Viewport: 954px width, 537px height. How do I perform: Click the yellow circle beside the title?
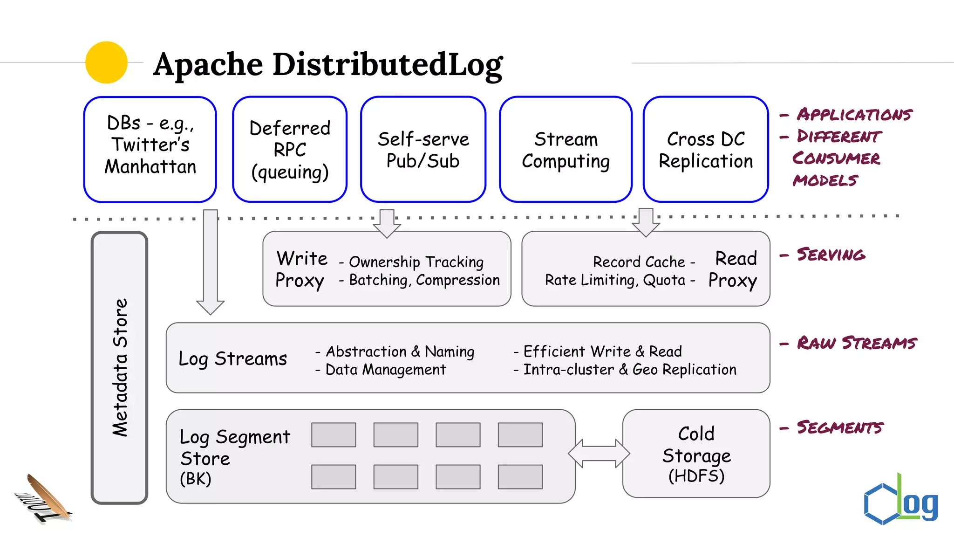[x=106, y=62]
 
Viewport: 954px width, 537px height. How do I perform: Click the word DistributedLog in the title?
[x=387, y=64]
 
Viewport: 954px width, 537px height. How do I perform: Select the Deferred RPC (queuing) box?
[x=290, y=150]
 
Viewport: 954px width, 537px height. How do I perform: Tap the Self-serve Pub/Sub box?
[x=423, y=150]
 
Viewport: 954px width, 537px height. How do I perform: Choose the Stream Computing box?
[x=566, y=150]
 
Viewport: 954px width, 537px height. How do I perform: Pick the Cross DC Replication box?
[x=705, y=150]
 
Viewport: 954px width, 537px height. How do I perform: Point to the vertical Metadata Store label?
[x=120, y=367]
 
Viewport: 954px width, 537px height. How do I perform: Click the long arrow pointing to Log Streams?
[x=211, y=261]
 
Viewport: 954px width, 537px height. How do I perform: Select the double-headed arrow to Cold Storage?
[x=599, y=453]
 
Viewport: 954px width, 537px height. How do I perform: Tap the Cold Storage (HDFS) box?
[x=696, y=454]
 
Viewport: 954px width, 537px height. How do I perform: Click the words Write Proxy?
[x=301, y=269]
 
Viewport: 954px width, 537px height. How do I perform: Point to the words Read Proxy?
[x=733, y=269]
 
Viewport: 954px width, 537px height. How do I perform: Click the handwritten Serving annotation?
[x=831, y=255]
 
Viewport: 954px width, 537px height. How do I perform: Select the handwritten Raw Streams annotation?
[x=856, y=343]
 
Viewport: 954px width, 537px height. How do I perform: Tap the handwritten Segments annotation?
[x=839, y=427]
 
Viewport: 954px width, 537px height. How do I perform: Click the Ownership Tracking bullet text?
[x=416, y=262]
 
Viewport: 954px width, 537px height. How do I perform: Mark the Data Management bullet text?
[x=385, y=370]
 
